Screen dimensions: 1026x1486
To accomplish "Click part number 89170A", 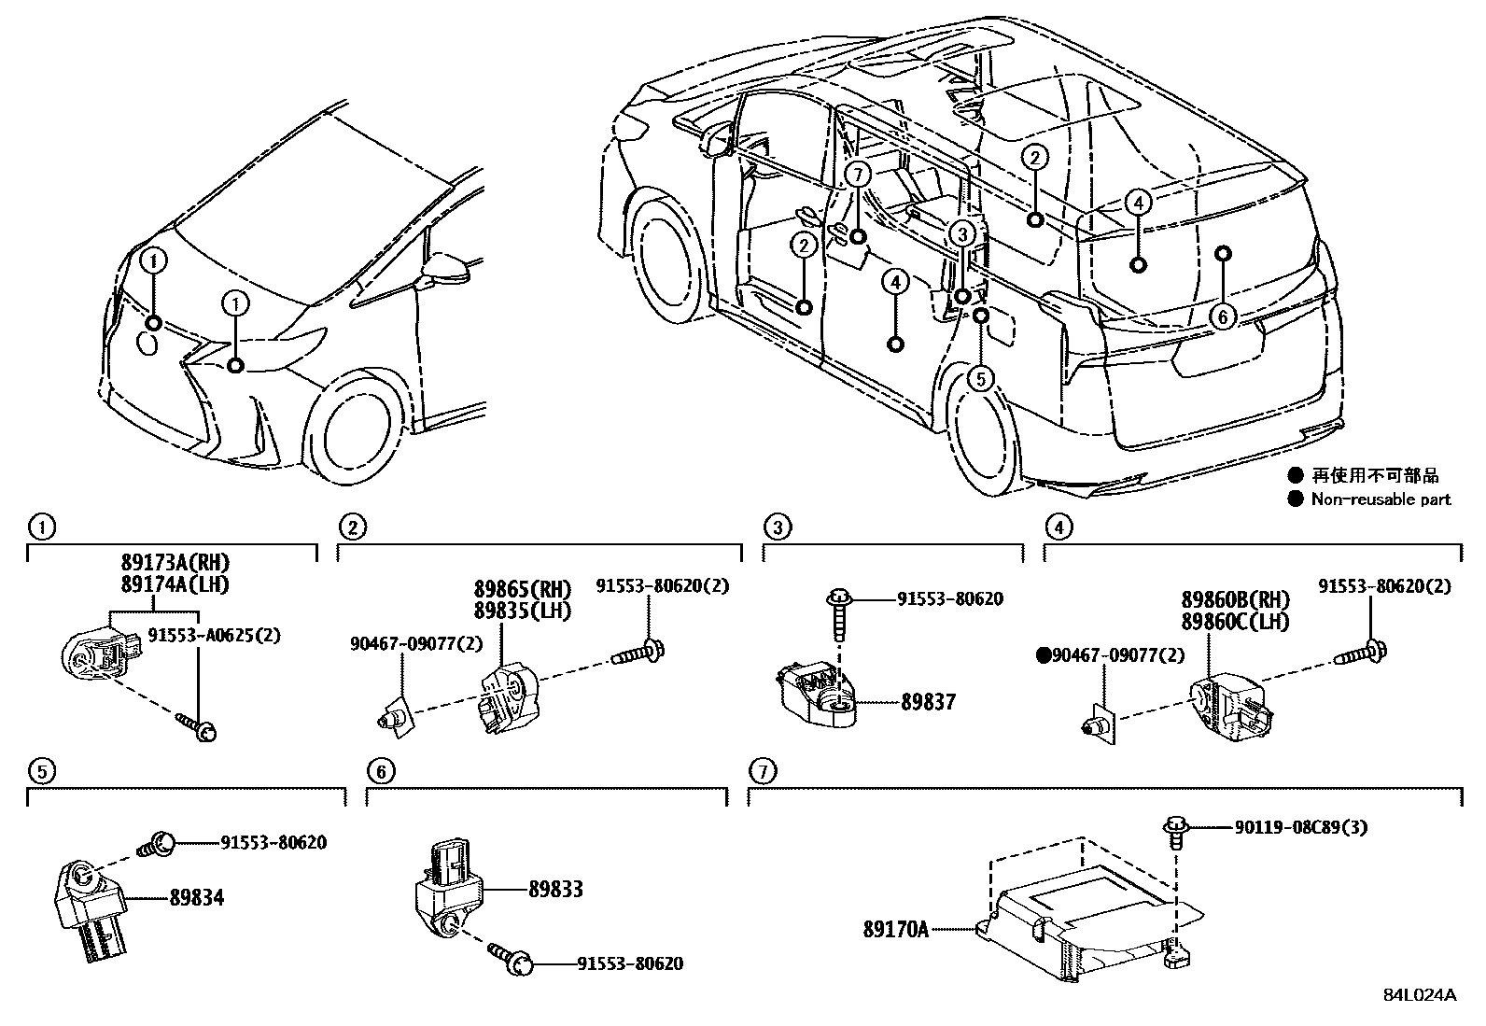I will (895, 929).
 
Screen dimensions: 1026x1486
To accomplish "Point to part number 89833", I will (554, 890).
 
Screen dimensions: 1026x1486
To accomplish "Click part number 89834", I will (197, 898).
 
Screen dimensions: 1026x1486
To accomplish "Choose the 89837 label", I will (928, 702).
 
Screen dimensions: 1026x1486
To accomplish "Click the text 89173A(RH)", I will (174, 563).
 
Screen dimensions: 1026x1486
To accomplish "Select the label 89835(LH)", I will (522, 611).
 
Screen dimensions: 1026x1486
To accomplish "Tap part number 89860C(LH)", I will (1235, 620).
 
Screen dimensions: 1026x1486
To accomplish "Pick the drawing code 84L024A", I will (1419, 994).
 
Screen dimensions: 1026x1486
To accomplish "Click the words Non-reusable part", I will (1380, 499).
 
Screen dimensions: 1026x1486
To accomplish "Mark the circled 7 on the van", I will (859, 174).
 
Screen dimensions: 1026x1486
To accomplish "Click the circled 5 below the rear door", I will (980, 378).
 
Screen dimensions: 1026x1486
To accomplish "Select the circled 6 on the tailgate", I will (1223, 316).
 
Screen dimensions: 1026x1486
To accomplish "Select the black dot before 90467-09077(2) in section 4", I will (1044, 656).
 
